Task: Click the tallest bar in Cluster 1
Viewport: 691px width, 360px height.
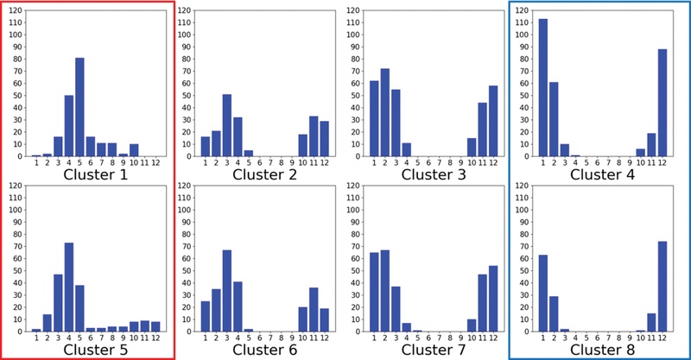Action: coord(79,107)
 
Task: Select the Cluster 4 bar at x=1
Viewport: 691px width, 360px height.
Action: coord(543,87)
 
